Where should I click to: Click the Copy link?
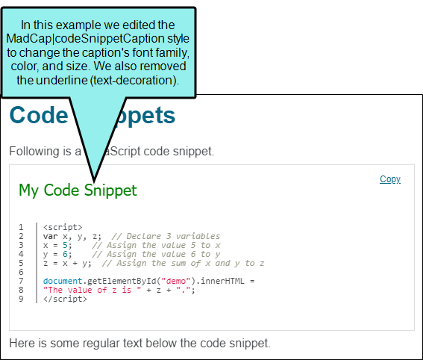point(390,179)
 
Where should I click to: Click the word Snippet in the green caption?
point(110,190)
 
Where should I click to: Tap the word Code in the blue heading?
point(39,115)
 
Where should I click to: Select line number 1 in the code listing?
point(21,227)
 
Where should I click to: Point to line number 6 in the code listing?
point(21,272)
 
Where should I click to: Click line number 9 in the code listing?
point(21,299)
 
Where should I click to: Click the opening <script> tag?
point(63,227)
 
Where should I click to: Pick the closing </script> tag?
point(65,300)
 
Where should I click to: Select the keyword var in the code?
point(51,236)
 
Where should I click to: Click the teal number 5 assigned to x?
point(65,245)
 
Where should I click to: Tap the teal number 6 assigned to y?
point(65,254)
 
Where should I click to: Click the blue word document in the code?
point(63,281)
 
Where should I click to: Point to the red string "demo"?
point(176,281)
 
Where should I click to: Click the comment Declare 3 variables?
point(173,236)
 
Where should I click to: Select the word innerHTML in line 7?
point(222,281)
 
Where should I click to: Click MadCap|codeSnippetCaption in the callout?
point(85,39)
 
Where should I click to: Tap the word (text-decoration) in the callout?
point(134,80)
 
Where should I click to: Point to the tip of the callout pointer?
point(94,181)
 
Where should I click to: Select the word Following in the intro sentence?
point(34,151)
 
